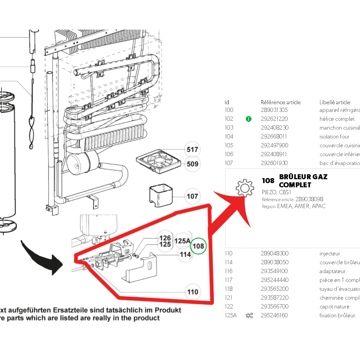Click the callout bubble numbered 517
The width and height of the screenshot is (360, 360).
[192, 150]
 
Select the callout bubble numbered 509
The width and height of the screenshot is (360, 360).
[192, 164]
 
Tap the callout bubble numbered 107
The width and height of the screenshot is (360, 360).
[192, 197]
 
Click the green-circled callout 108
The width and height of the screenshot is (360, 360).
[198, 246]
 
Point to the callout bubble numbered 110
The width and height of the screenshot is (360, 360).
[192, 292]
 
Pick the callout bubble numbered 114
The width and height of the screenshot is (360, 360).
[185, 254]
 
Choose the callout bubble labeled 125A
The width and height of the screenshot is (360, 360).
[182, 241]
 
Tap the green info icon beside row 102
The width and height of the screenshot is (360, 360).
[248, 119]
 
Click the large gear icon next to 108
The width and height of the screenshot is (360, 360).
[245, 188]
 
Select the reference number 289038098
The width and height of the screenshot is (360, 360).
[309, 199]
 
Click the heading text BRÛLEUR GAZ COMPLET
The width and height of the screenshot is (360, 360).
[303, 181]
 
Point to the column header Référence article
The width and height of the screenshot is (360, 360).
[280, 102]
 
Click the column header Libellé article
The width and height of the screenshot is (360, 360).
[335, 102]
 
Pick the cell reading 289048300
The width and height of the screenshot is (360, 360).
[275, 253]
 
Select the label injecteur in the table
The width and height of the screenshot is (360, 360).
[330, 253]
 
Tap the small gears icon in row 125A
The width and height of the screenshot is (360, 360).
[249, 315]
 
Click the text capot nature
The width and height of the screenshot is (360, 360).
[334, 307]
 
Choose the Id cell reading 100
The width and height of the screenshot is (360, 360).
[229, 110]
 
